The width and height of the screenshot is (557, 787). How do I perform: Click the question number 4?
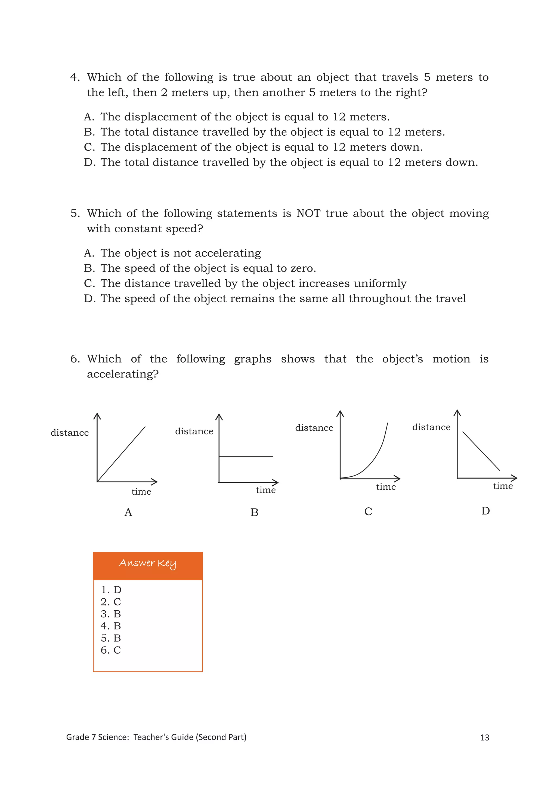pos(75,77)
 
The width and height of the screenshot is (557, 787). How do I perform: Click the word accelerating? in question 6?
pos(122,374)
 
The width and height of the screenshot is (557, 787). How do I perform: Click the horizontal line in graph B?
pos(246,457)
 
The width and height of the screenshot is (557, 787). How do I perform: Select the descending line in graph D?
pos(481,451)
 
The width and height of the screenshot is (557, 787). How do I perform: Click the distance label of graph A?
pos(70,433)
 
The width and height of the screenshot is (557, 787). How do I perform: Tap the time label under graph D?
pos(503,486)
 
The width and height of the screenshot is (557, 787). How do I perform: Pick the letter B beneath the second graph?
pos(254,513)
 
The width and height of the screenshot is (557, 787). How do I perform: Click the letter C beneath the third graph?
pos(368,511)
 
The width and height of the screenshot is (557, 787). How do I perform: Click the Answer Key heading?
pos(147,563)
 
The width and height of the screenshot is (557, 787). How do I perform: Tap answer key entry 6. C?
pos(111,650)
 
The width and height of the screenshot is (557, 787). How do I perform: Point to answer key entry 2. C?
pos(111,602)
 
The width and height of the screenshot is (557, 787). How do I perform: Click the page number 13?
pos(484,738)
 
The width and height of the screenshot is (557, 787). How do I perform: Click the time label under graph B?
pos(266,490)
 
